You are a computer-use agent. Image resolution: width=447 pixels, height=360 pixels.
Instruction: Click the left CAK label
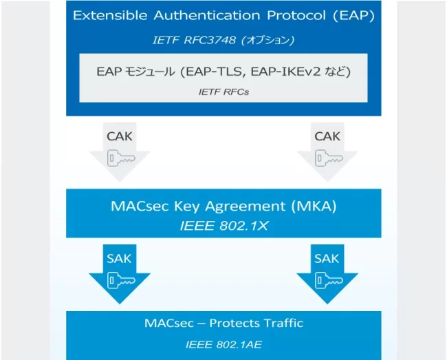click(x=120, y=136)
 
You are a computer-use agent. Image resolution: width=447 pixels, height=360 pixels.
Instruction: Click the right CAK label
click(x=327, y=136)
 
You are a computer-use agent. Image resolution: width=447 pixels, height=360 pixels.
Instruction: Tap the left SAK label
click(x=119, y=258)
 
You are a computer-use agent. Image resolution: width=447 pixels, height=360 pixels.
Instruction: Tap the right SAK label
click(x=327, y=258)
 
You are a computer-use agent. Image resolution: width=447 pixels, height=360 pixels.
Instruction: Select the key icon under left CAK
click(x=121, y=158)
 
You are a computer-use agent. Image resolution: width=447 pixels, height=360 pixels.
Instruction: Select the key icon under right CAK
click(x=329, y=158)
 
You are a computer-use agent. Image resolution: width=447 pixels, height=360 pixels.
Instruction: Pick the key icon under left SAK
click(x=121, y=280)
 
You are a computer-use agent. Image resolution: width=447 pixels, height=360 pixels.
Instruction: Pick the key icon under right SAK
click(x=329, y=280)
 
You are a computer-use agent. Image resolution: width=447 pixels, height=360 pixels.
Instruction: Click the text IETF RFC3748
click(x=195, y=40)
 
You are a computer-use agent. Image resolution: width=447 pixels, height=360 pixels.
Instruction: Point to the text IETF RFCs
click(x=223, y=92)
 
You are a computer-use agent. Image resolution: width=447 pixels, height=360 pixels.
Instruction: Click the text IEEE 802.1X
click(x=224, y=226)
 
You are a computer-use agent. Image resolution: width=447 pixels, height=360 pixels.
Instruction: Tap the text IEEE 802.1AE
click(x=223, y=345)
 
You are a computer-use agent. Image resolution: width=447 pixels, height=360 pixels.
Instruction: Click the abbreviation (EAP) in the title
click(x=353, y=15)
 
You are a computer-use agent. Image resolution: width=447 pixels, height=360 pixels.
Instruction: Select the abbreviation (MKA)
click(x=314, y=206)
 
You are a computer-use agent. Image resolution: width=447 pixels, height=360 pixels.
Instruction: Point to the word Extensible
click(x=110, y=15)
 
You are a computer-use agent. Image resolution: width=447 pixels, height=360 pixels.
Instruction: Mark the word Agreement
click(x=246, y=207)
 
